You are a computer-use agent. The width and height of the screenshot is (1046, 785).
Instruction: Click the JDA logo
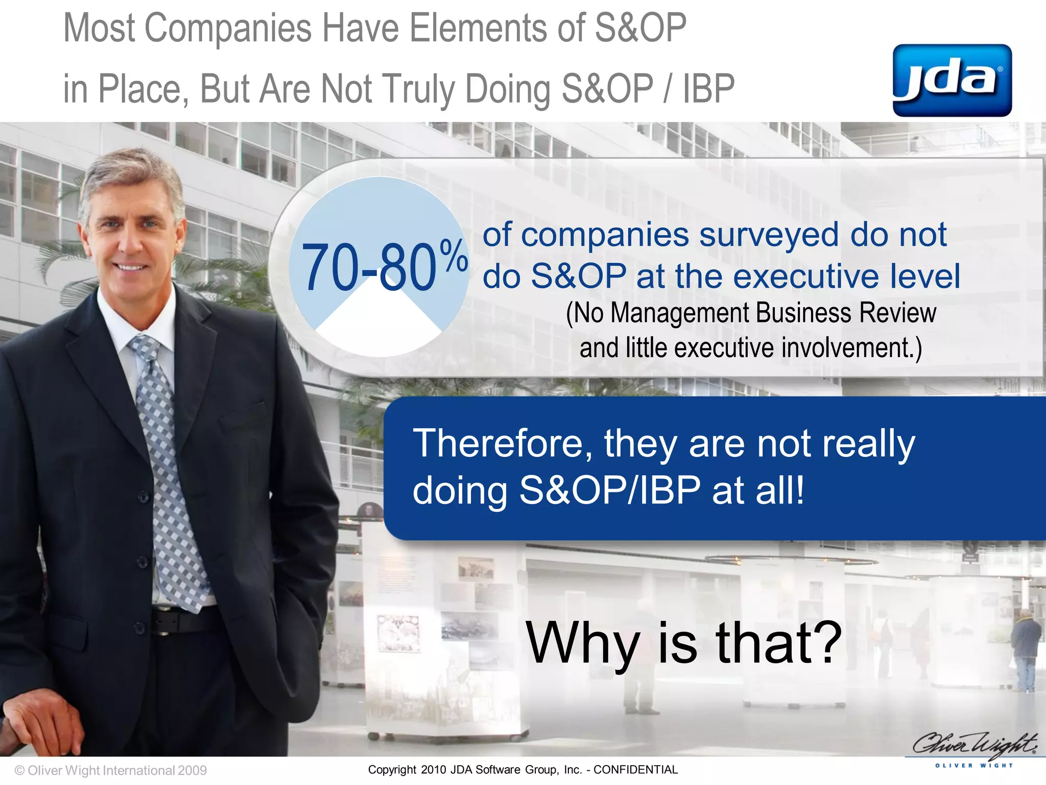click(952, 80)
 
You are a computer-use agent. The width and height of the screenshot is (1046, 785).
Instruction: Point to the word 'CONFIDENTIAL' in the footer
click(635, 770)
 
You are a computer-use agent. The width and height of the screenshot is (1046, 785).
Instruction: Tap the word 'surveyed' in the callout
click(769, 235)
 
